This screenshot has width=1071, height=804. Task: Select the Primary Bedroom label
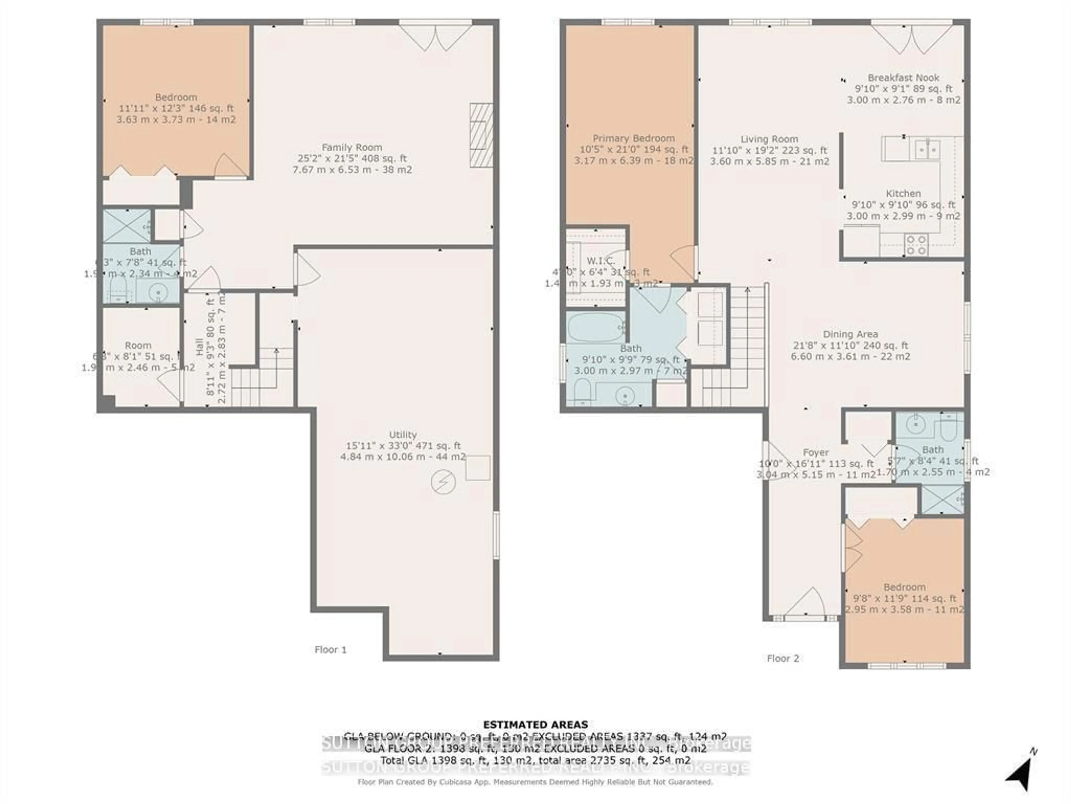pos(633,138)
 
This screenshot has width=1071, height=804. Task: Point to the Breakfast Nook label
pos(903,78)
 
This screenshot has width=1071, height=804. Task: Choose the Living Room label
pos(769,139)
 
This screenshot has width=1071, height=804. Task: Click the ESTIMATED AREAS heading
pos(535,724)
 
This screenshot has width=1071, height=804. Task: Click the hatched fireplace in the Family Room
pos(481,135)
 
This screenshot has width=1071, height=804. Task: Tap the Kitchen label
pos(903,193)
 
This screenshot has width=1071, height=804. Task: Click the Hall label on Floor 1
pos(199,347)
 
